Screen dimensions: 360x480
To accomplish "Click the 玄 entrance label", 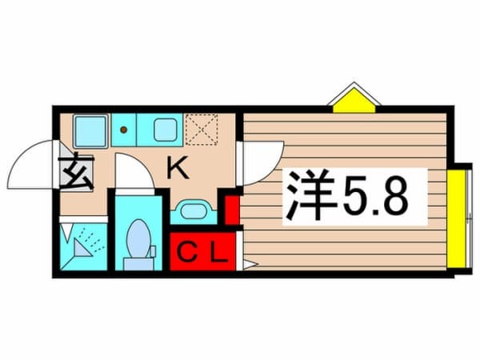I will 76,170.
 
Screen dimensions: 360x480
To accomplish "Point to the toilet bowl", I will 138,235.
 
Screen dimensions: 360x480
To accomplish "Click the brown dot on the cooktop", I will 124,129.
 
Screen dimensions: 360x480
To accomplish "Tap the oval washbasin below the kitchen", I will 192,211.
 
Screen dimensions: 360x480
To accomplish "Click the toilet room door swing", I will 133,172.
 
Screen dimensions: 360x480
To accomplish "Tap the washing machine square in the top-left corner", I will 90,128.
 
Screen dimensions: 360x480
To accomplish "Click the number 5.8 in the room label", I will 375,194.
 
